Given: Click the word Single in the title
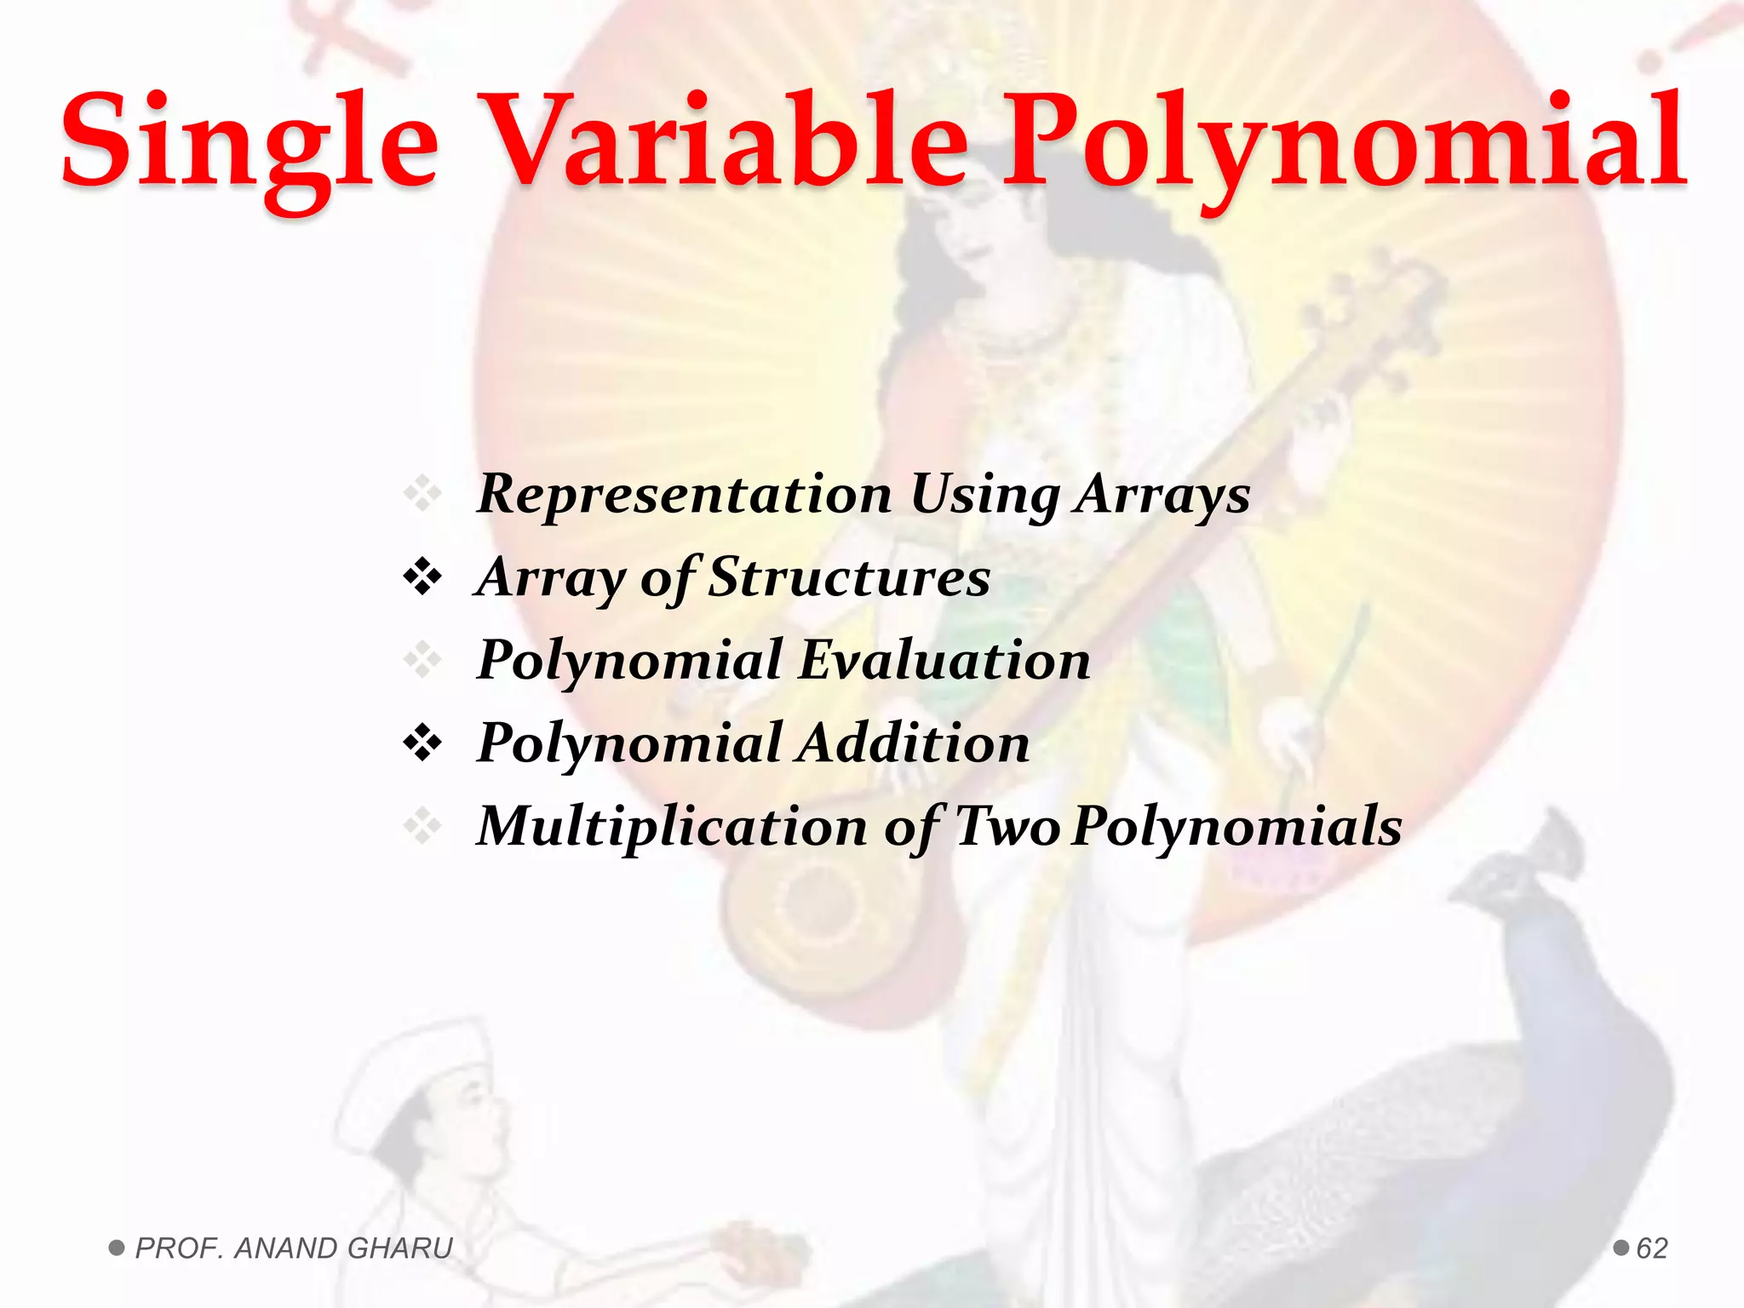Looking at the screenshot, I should click(249, 141).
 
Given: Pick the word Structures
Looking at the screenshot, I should click(849, 577).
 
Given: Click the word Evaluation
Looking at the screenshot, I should click(945, 660).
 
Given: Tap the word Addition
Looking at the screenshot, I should click(915, 743).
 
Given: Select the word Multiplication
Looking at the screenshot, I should click(672, 826).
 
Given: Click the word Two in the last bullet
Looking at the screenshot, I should click(1007, 826).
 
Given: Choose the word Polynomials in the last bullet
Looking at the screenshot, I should click(1236, 826).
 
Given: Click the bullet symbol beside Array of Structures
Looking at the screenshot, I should click(422, 578).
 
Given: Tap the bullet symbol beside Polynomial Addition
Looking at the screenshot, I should click(422, 743).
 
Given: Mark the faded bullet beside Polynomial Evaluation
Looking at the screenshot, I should click(422, 661).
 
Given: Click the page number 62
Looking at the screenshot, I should click(1652, 1248).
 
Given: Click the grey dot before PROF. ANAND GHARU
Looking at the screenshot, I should click(117, 1248).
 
